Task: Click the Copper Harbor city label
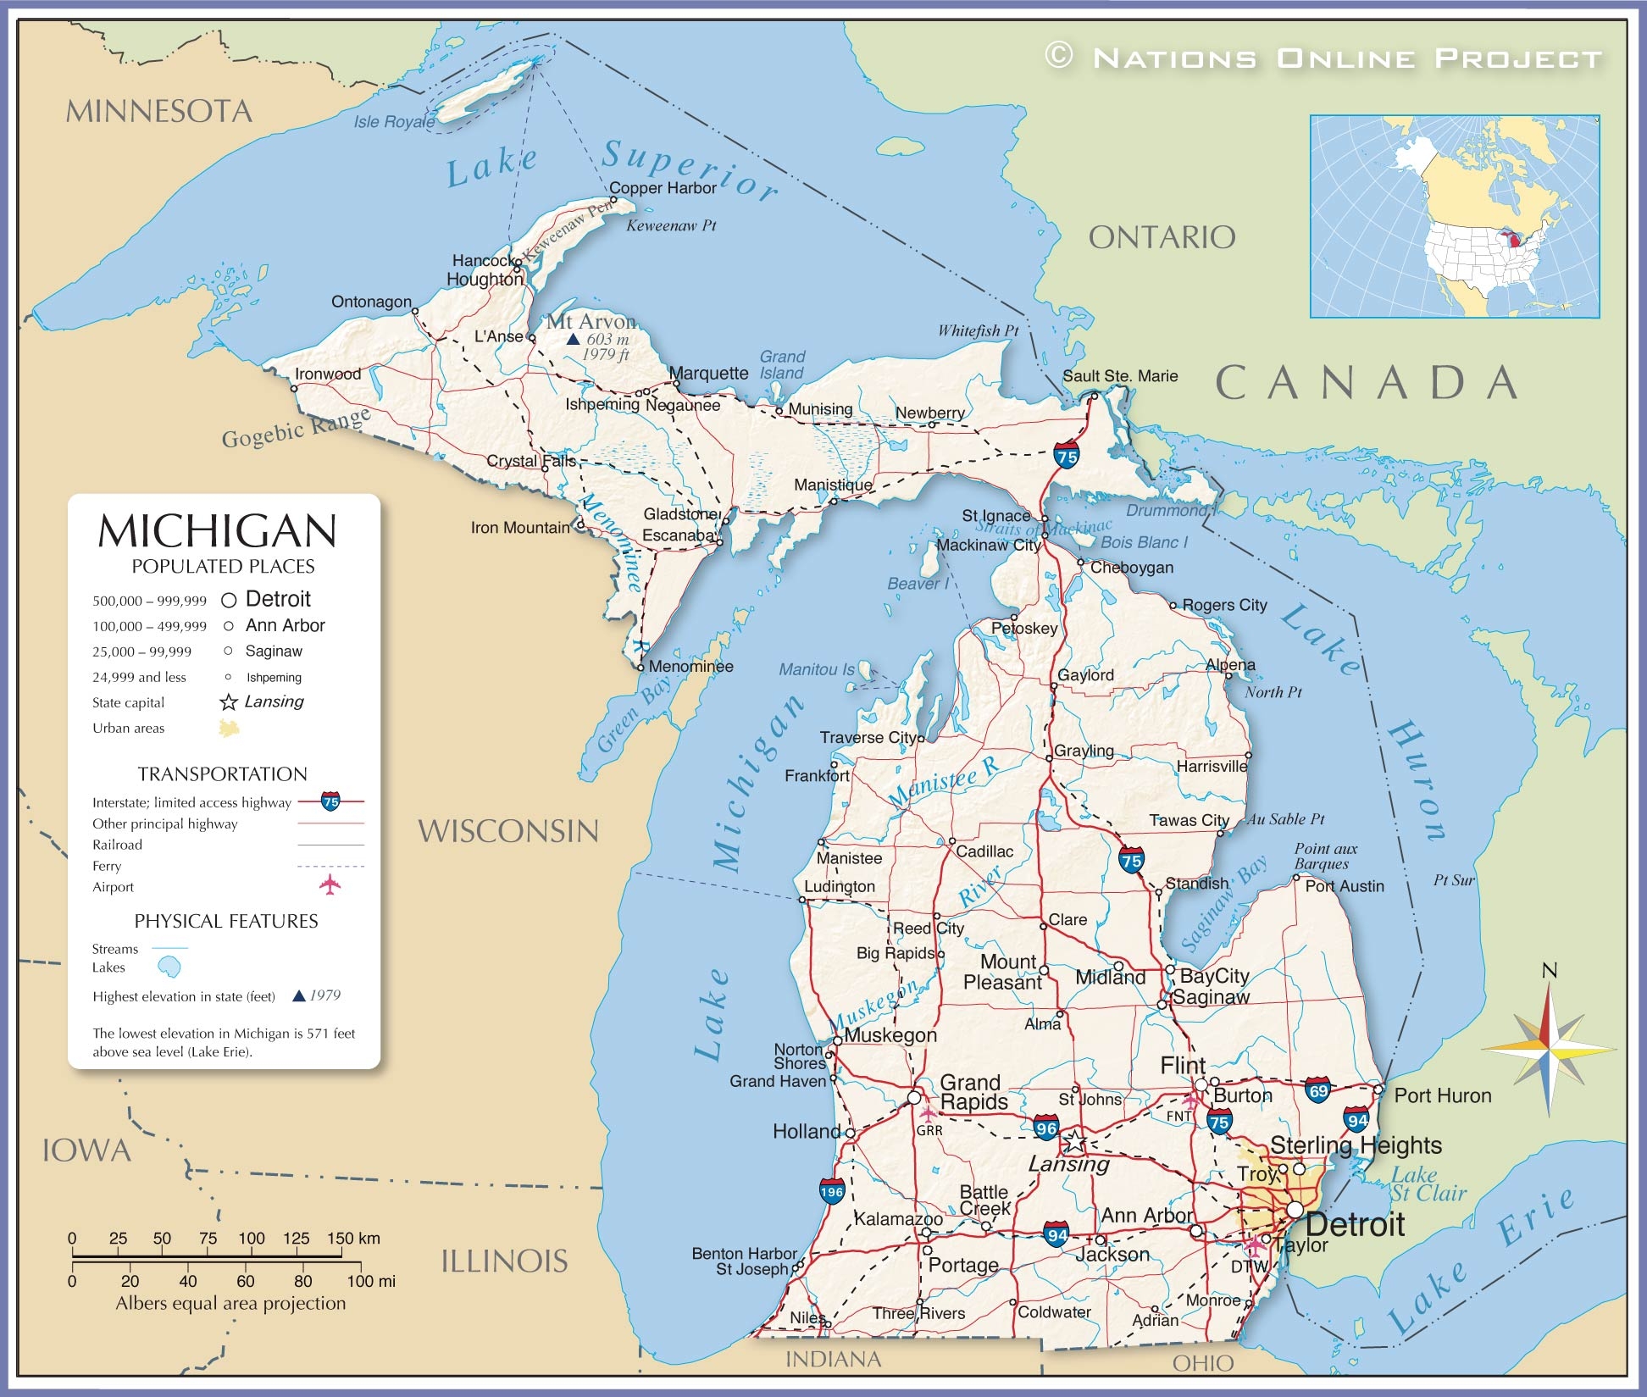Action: tap(663, 188)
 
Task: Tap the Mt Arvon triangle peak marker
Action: tap(573, 339)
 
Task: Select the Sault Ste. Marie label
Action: tap(1120, 376)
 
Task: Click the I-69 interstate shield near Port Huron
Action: tap(1317, 1089)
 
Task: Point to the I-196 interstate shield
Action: tap(832, 1191)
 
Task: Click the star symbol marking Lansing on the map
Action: tap(1074, 1141)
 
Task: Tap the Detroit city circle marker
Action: tap(1295, 1209)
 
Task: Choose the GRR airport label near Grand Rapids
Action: tap(929, 1130)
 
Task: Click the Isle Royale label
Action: tap(394, 122)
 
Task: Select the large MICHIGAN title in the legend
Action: tap(218, 531)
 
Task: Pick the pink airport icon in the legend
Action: tap(330, 885)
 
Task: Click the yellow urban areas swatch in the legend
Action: tap(229, 728)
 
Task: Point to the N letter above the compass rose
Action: tap(1549, 971)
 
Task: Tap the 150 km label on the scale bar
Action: tap(353, 1238)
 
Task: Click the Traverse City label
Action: tap(868, 737)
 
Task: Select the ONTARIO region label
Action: tap(1162, 238)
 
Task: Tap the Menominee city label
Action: tap(690, 666)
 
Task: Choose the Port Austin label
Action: tap(1344, 886)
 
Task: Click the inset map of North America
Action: tap(1454, 217)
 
